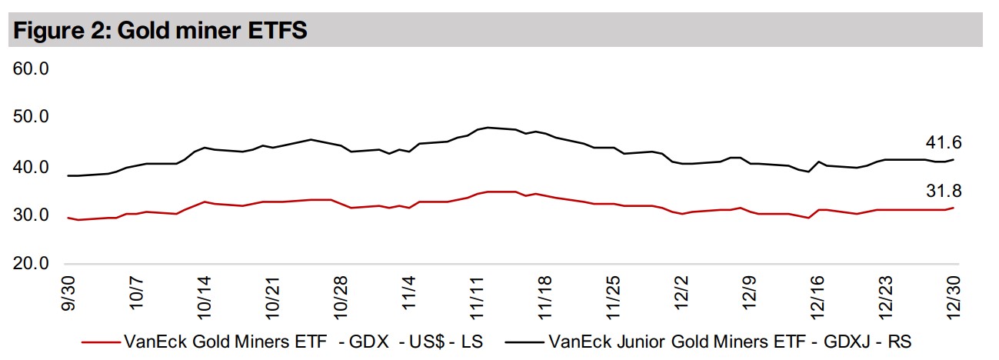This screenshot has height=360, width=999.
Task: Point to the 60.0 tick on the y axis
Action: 31,69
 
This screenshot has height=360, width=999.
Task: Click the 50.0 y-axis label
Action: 31,118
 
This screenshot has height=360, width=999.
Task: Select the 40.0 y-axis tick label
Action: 31,167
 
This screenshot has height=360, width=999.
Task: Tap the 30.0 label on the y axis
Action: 31,215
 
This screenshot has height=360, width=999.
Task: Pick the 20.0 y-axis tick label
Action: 31,265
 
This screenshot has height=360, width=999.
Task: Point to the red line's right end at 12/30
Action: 954,208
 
